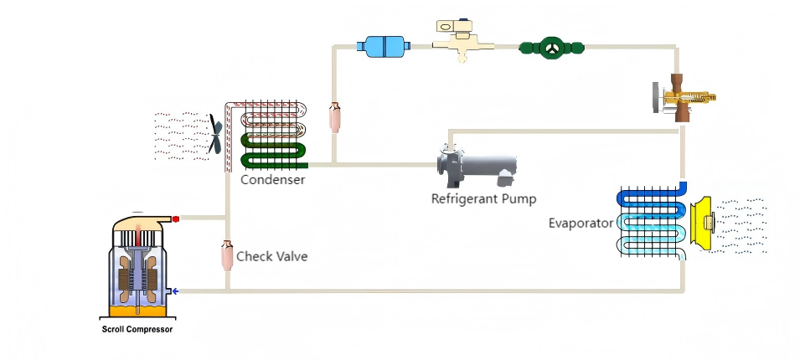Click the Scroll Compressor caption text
[x=137, y=329]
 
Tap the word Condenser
[x=273, y=179]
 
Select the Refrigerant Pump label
[x=483, y=198]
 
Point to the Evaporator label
[x=581, y=224]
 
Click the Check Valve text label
[x=272, y=256]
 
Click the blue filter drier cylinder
[x=384, y=46]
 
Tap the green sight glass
[x=551, y=48]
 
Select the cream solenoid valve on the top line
[x=462, y=41]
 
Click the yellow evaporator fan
[x=703, y=223]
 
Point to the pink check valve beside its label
[x=227, y=255]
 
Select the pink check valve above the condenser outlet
[x=335, y=117]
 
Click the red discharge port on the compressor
[x=176, y=219]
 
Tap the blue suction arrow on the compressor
[x=175, y=291]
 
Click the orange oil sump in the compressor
[x=137, y=311]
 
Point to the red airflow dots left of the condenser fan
[x=181, y=136]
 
